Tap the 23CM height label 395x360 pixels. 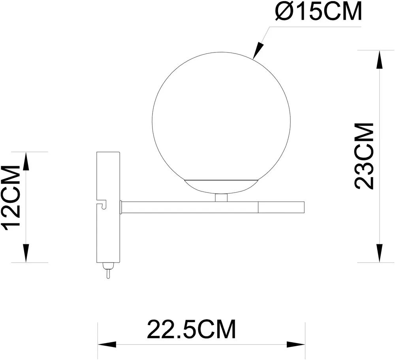click(364, 156)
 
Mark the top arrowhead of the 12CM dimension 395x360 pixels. click(26, 162)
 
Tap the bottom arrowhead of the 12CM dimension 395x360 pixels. click(26, 253)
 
